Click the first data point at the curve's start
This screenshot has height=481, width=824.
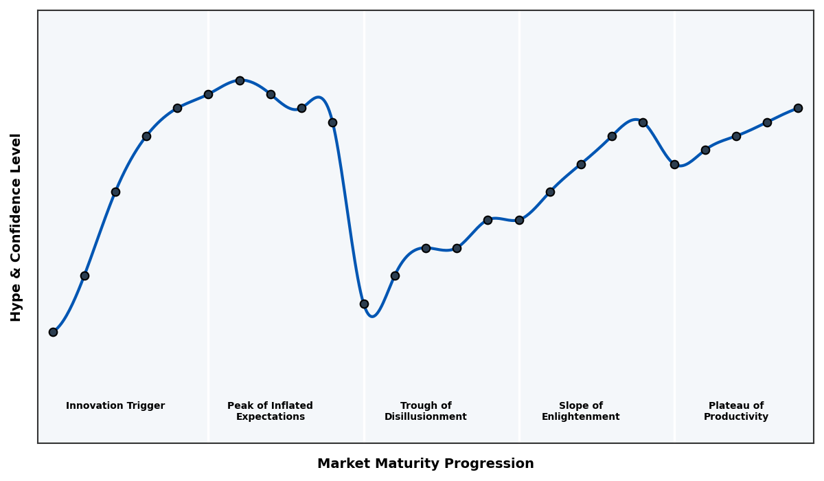53,332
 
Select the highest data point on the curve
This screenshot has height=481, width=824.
240,80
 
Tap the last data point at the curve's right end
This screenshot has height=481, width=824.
798,108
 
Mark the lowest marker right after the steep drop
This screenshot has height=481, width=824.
364,304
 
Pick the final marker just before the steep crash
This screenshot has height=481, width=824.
332,122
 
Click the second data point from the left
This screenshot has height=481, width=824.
84,276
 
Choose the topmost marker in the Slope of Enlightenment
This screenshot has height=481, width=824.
643,122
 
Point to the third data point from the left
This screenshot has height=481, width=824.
115,192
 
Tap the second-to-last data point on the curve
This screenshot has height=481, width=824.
767,122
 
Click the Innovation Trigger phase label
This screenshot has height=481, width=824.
115,406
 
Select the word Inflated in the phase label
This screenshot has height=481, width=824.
289,406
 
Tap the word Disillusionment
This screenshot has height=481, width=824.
426,417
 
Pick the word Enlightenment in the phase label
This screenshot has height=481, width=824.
581,417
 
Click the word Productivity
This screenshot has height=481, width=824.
736,417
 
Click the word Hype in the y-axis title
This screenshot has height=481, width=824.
16,304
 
